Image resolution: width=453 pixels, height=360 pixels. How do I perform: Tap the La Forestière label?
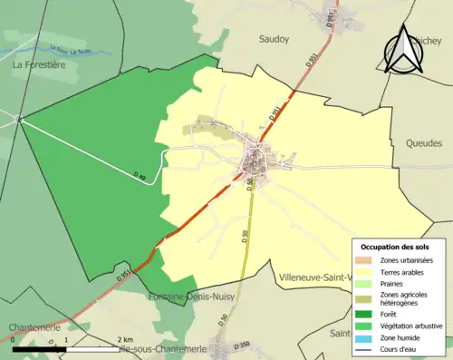[x=42, y=65]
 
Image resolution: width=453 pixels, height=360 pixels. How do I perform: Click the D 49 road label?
[x=139, y=174]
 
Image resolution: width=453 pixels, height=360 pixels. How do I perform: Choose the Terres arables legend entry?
[x=404, y=272]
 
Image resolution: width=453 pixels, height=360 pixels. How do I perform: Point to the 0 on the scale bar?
[x=14, y=340]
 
